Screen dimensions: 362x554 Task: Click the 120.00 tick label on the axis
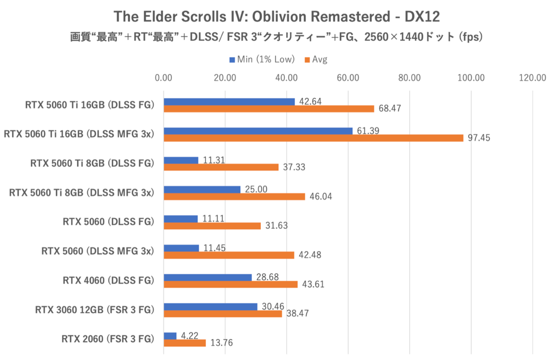click(532, 78)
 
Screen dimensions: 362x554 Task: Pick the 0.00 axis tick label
click(163, 78)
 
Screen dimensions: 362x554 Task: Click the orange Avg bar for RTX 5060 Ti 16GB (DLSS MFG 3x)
click(313, 138)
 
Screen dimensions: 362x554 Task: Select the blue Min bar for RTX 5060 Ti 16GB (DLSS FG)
click(229, 102)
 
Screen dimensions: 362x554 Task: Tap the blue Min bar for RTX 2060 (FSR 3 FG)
click(170, 336)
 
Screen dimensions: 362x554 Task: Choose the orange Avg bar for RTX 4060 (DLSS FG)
click(230, 284)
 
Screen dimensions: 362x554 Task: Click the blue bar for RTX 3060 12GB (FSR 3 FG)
click(211, 307)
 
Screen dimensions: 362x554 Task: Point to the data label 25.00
click(254, 189)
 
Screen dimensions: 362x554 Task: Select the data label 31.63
click(276, 226)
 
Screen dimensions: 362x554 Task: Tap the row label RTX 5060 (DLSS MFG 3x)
click(97, 252)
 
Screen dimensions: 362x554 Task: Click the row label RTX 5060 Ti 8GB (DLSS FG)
click(92, 163)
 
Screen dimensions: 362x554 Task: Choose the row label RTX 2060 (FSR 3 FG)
click(107, 339)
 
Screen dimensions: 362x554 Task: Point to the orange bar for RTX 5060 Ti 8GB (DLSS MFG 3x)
click(234, 196)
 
